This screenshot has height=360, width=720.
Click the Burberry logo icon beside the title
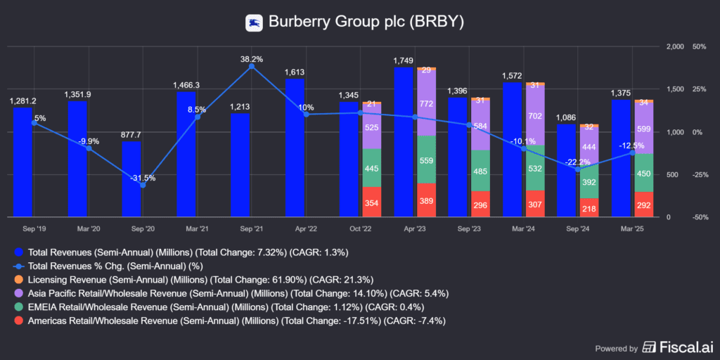[x=254, y=22]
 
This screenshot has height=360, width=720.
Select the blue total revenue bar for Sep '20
[x=131, y=179]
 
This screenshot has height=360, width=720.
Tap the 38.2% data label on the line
[x=251, y=59]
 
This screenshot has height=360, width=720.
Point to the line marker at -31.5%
[x=143, y=185]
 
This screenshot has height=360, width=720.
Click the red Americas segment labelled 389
[x=426, y=200]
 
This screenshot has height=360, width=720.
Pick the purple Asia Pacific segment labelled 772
[x=426, y=103]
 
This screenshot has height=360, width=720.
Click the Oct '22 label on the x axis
[x=349, y=228]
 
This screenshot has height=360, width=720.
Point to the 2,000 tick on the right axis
[x=674, y=47]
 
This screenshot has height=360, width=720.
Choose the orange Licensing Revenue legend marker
[x=19, y=279]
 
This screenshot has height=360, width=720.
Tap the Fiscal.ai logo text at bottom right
[x=676, y=347]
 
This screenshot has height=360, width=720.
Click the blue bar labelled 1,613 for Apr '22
[x=295, y=148]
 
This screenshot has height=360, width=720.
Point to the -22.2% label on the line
[x=573, y=162]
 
